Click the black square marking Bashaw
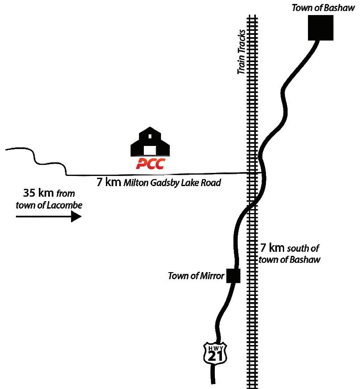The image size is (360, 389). (x=320, y=28)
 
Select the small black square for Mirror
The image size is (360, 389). (x=233, y=275)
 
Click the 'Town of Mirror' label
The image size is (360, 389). (x=196, y=277)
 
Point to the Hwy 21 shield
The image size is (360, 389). (x=215, y=353)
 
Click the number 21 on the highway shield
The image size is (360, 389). (x=215, y=356)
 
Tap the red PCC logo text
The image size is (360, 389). (x=150, y=164)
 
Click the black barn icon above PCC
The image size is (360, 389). (x=150, y=141)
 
